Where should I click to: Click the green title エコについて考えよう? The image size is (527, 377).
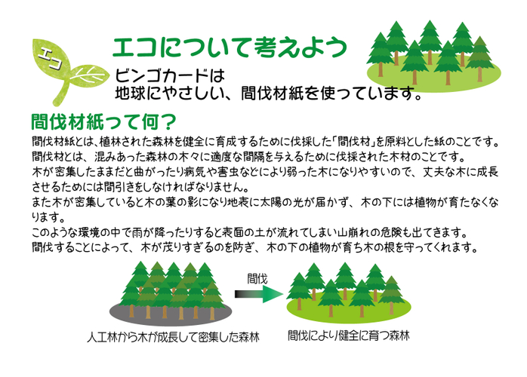(x=230, y=48)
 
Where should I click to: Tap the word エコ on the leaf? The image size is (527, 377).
(x=49, y=58)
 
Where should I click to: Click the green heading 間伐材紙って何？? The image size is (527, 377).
(x=103, y=121)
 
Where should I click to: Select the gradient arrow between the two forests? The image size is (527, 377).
(x=259, y=294)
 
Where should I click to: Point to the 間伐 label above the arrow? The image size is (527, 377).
(x=257, y=278)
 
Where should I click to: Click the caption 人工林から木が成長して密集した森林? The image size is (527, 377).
(x=173, y=337)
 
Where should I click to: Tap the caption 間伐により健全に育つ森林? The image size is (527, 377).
(x=349, y=336)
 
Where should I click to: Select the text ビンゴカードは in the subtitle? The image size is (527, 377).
(x=170, y=75)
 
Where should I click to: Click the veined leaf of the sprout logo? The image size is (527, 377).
(x=90, y=75)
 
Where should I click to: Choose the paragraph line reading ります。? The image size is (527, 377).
(x=48, y=218)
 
